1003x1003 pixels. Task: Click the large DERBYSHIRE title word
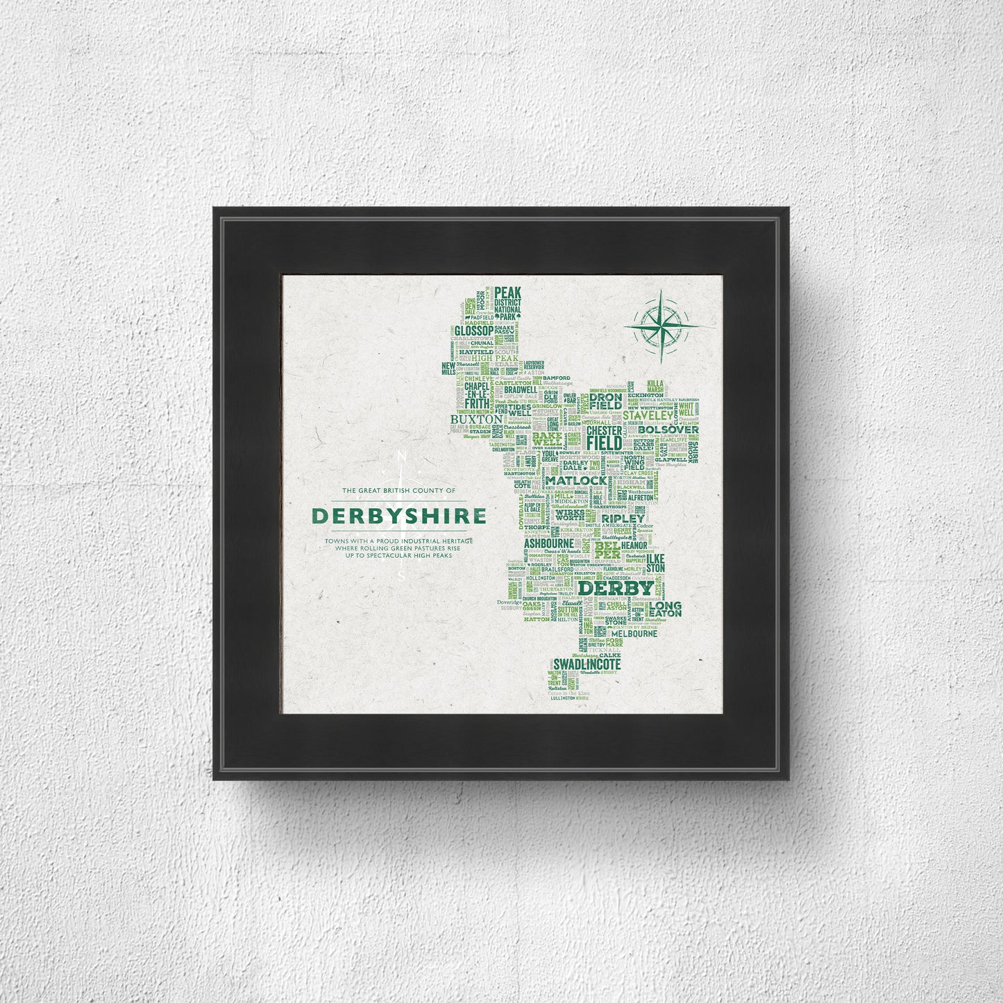tap(398, 516)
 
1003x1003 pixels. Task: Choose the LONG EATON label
tap(665, 609)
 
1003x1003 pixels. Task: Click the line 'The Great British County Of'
tap(398, 491)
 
